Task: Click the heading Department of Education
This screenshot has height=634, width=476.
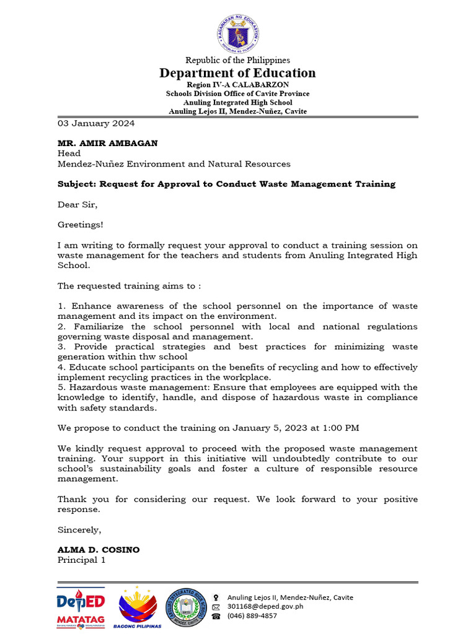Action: click(237, 73)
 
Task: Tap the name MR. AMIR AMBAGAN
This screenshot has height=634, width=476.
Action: click(107, 143)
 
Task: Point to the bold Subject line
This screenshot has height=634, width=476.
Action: click(226, 185)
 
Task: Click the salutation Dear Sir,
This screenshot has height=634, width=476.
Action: click(77, 204)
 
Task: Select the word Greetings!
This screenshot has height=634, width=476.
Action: click(81, 225)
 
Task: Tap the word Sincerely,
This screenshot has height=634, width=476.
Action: click(79, 529)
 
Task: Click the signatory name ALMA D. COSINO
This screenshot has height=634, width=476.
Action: click(99, 550)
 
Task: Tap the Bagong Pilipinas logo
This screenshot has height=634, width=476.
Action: click(138, 607)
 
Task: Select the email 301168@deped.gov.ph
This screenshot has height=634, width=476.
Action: click(265, 607)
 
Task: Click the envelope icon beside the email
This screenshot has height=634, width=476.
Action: click(216, 607)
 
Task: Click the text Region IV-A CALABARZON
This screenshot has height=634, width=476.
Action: click(237, 84)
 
